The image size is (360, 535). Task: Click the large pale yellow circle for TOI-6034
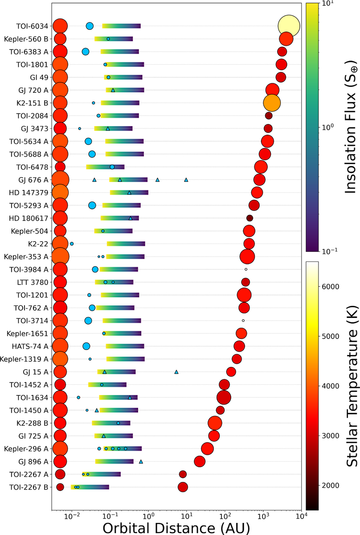point(289,26)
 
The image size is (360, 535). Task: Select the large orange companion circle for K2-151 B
point(272,103)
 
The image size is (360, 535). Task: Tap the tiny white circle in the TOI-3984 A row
point(245,269)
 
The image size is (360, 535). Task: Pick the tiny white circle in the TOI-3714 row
point(243,321)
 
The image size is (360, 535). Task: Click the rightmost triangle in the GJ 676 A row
point(186,180)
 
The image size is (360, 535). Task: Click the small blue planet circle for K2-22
point(72,244)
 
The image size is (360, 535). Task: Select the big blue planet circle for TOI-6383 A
point(86,51)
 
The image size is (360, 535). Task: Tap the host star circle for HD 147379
point(60,193)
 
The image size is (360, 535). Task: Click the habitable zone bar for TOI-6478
point(105,167)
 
